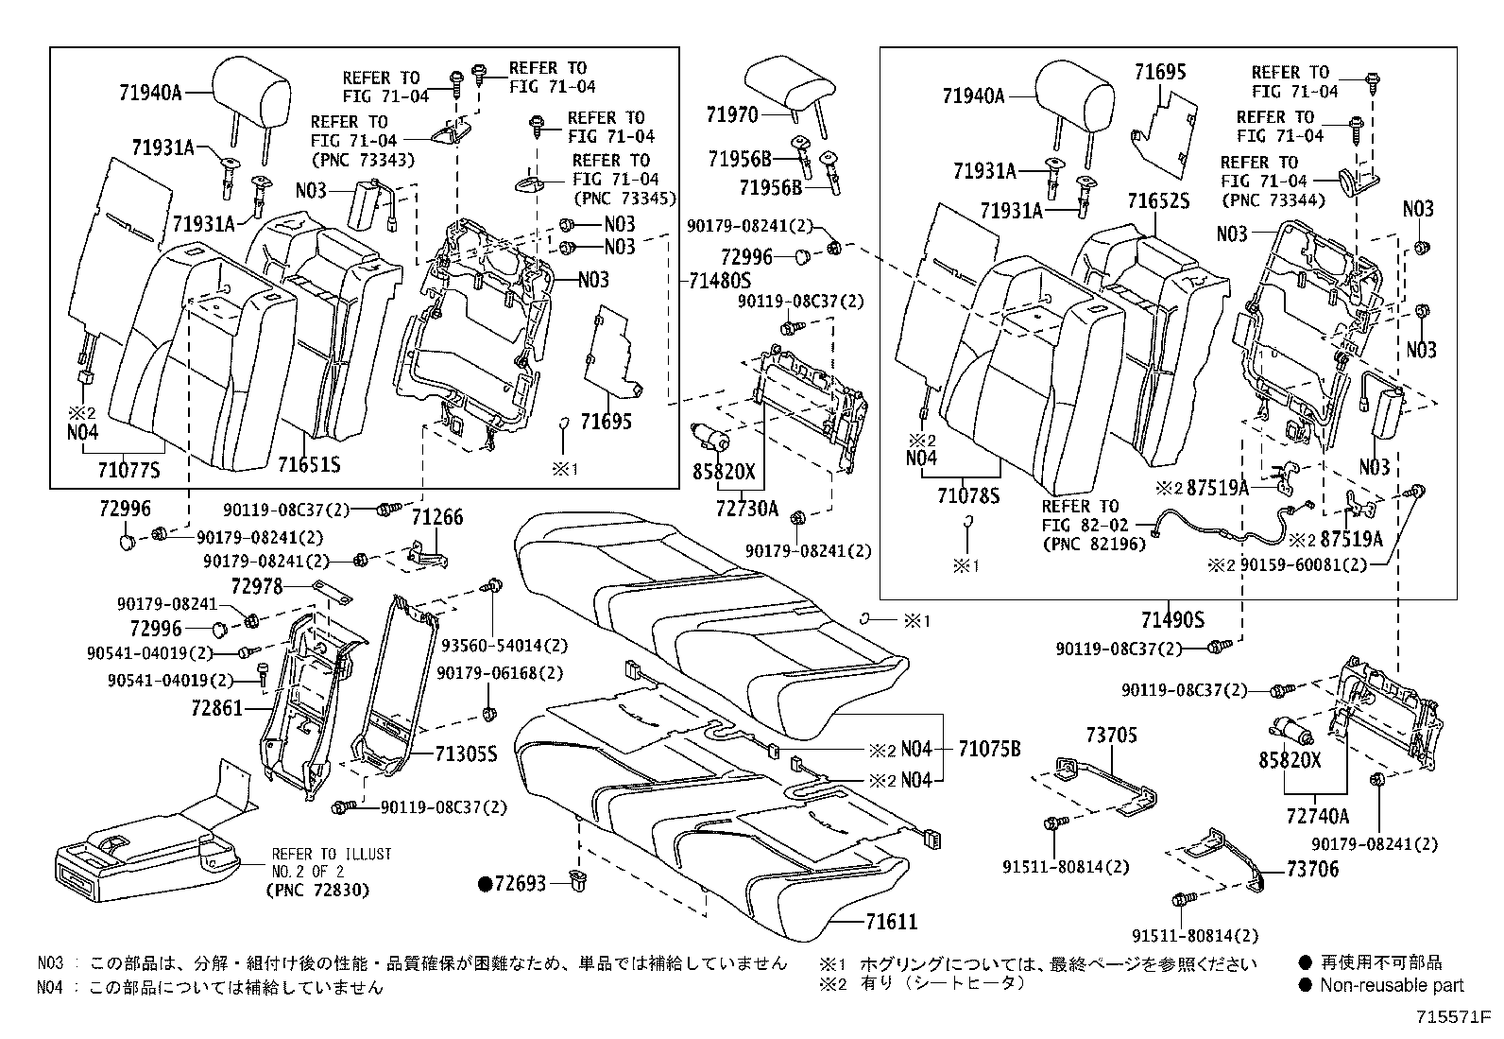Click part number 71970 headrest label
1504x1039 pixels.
732,115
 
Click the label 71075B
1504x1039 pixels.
989,750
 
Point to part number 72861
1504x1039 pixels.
216,708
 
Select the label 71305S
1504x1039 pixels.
466,753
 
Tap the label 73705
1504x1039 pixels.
1111,736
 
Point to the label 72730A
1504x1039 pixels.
746,510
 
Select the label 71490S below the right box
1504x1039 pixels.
1172,620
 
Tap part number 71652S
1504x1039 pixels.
1158,201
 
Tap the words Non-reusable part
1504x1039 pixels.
1392,985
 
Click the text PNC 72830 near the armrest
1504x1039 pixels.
320,891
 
